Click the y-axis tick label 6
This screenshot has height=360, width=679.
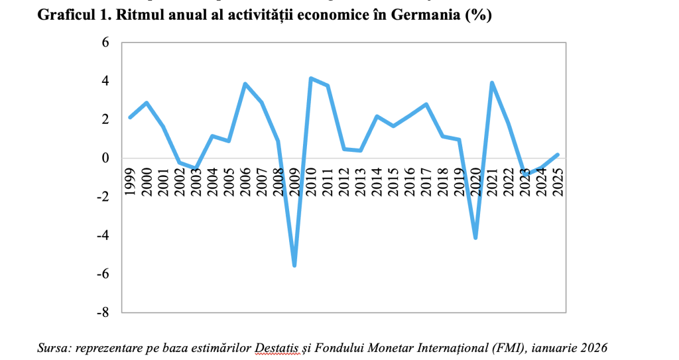(105, 42)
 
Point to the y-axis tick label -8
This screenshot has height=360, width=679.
(102, 312)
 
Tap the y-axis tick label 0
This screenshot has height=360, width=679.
(105, 158)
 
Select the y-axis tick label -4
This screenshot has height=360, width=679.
(102, 235)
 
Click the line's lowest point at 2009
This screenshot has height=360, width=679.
(294, 265)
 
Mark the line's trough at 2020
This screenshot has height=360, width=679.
(475, 237)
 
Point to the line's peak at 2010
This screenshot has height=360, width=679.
(311, 78)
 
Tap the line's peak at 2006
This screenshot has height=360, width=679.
(245, 84)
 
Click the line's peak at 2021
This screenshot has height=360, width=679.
(492, 83)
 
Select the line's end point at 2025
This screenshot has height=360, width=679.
(558, 154)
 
